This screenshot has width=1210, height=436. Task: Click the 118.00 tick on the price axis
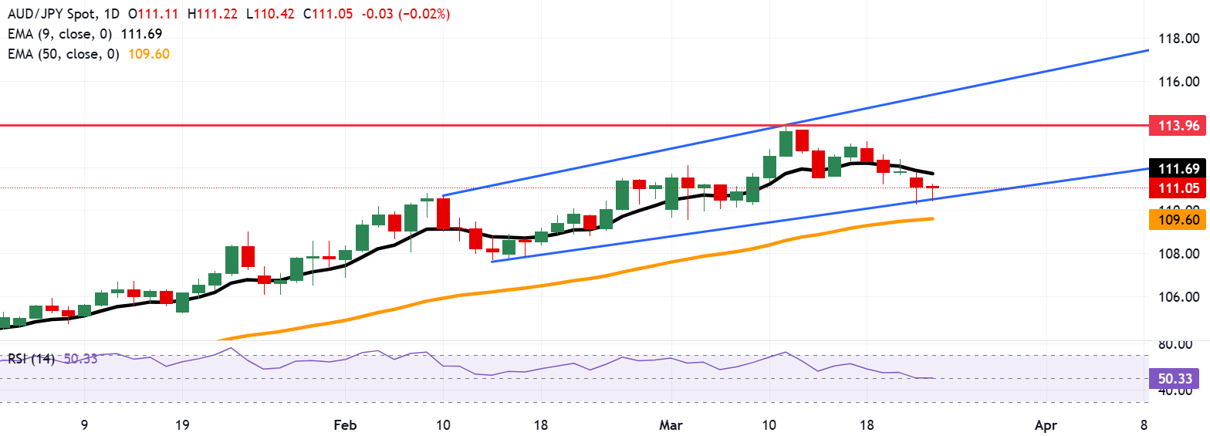click(x=1180, y=39)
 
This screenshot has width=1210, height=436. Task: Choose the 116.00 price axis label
click(x=1180, y=82)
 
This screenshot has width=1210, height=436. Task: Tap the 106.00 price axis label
click(x=1180, y=297)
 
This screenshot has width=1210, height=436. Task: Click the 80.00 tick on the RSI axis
click(x=1180, y=346)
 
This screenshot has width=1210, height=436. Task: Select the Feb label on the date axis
click(x=344, y=425)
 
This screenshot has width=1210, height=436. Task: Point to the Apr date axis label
click(x=1045, y=425)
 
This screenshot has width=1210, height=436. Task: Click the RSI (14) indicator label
click(x=32, y=359)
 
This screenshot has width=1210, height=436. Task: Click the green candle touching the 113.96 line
click(x=786, y=144)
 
